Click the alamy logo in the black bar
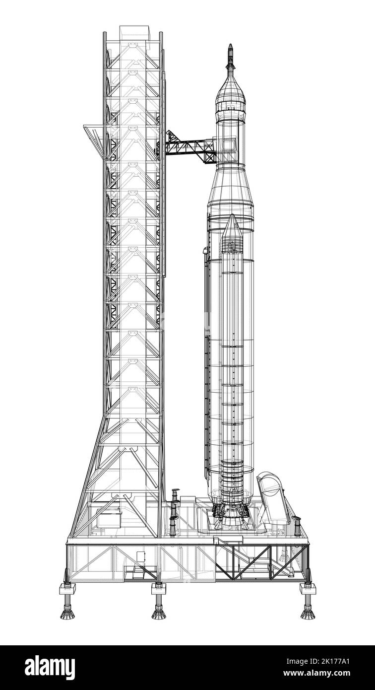(x=50, y=667)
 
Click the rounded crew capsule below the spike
(x=230, y=92)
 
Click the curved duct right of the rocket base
(x=273, y=499)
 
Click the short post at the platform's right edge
(x=297, y=526)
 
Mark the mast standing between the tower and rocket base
(x=174, y=511)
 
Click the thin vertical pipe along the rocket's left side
(x=206, y=362)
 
